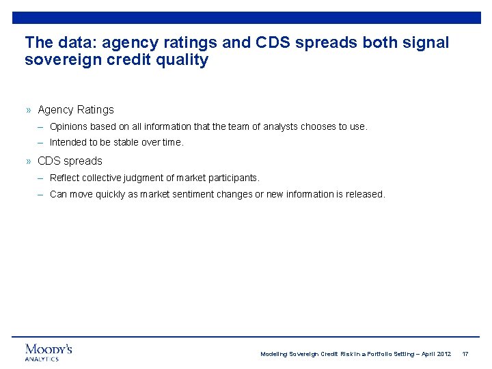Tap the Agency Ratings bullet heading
[x=76, y=109]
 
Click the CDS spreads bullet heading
[x=70, y=161]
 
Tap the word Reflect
[x=64, y=178]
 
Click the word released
[x=365, y=194]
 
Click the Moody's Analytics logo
[x=49, y=352]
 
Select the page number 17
[x=465, y=354]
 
